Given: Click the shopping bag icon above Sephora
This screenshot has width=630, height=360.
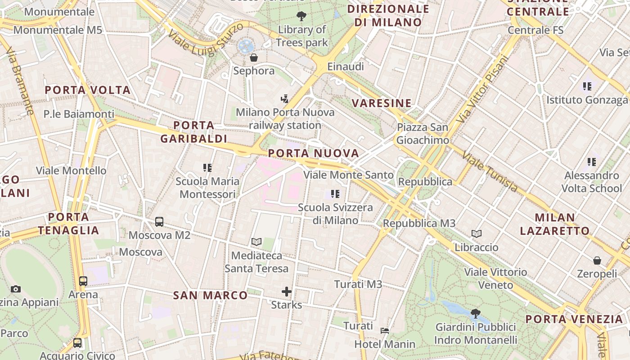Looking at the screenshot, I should point(254,58).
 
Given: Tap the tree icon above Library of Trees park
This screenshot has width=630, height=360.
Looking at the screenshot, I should point(301,16).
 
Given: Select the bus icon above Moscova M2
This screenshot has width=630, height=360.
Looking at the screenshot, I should point(159,221).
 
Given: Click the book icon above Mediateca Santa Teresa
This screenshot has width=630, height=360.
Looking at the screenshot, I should point(256,242).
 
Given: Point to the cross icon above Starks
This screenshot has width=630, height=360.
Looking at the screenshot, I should point(287,292).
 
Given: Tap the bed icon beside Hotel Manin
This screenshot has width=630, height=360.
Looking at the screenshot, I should point(385,331).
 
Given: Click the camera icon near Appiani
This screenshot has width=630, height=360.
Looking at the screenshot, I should point(16,289).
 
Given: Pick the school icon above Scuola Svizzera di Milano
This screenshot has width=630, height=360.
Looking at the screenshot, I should point(335,194).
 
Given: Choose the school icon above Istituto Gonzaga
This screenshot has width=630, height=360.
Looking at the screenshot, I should point(587,86).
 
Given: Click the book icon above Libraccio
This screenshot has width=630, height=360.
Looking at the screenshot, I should point(477,234).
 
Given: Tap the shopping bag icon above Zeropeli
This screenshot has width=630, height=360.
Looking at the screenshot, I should point(597,260).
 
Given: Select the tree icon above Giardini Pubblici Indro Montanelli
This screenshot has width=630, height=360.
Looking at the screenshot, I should point(475,313).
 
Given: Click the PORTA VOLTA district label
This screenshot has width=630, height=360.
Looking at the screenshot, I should point(88,90).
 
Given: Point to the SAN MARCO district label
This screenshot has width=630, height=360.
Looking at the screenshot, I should point(211,295).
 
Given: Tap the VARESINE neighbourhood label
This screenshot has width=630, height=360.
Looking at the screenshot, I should point(382,103).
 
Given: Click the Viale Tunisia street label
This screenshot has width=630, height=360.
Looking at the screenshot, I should point(490,172).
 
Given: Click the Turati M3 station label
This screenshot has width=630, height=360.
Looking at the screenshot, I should point(358,284).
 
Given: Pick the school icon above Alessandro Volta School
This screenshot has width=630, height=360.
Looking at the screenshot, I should point(591,162).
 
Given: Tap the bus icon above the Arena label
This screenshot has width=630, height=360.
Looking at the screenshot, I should point(83,281).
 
